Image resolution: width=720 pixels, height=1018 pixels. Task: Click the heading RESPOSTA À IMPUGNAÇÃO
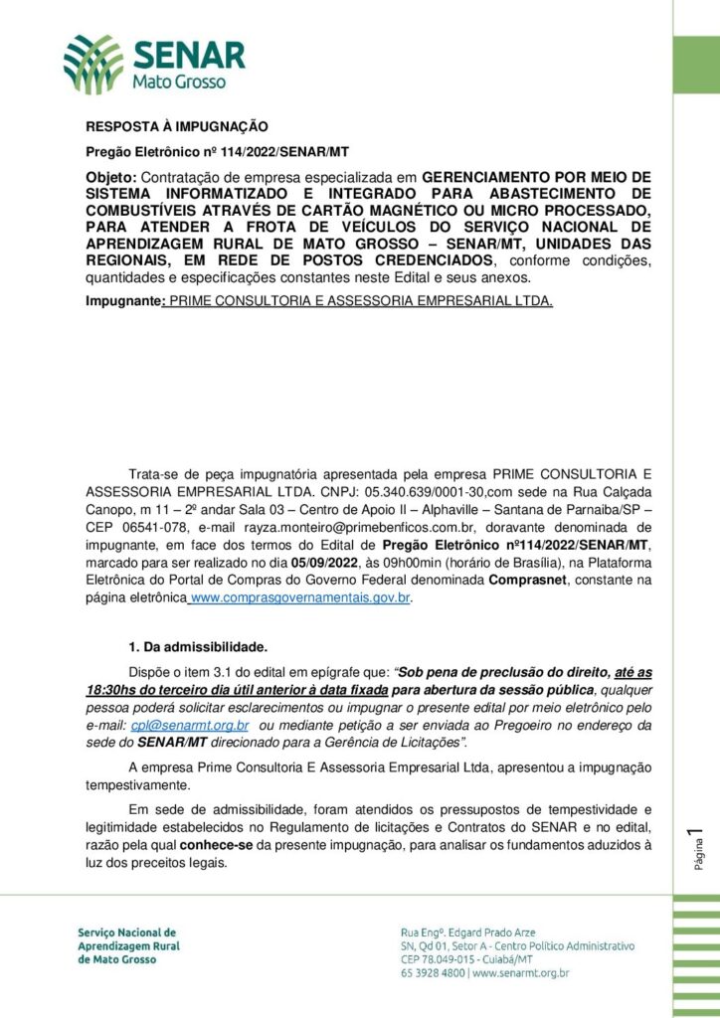click(x=177, y=126)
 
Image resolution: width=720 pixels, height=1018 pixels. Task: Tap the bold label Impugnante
click(x=123, y=299)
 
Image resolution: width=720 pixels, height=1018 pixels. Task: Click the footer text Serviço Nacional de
click(x=126, y=933)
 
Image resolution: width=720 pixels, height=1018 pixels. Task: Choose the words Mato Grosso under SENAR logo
click(x=179, y=83)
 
